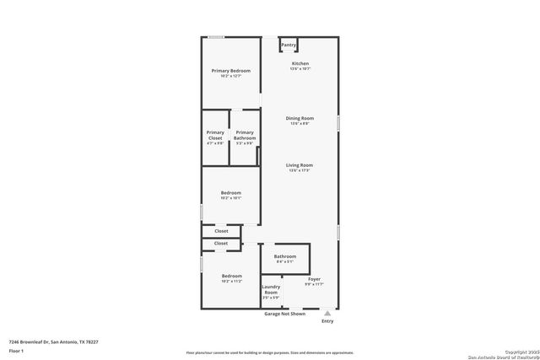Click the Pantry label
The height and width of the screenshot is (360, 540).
pyautogui.click(x=289, y=45)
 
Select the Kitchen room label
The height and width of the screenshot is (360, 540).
pyautogui.click(x=300, y=64)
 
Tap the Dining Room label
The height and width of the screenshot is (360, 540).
pyautogui.click(x=301, y=118)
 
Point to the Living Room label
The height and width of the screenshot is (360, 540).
pyautogui.click(x=300, y=165)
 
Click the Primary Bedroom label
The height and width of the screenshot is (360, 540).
pyautogui.click(x=230, y=71)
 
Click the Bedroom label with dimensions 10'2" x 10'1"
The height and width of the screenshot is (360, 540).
pyautogui.click(x=231, y=193)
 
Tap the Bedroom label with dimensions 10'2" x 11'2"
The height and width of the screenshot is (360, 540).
pyautogui.click(x=231, y=276)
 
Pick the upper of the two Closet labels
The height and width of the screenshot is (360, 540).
pyautogui.click(x=221, y=230)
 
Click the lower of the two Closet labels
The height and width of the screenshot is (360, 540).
pyautogui.click(x=221, y=243)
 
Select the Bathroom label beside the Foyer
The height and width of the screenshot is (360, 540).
pyautogui.click(x=285, y=256)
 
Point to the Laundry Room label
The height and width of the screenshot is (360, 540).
pyautogui.click(x=271, y=291)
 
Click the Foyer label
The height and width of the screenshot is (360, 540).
pyautogui.click(x=314, y=278)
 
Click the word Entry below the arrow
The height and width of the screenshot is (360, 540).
pyautogui.click(x=327, y=321)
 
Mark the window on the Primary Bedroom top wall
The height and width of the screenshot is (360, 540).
pyautogui.click(x=217, y=36)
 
